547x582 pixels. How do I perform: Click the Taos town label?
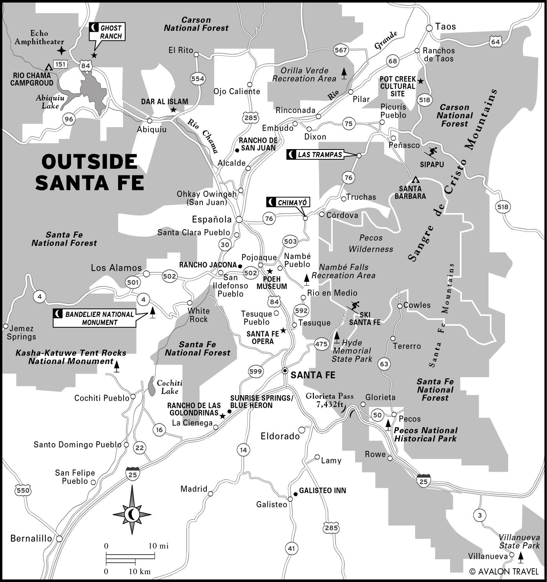click(x=445, y=27)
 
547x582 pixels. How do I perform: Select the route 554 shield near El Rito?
click(x=197, y=79)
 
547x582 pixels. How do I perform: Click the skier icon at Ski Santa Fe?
click(x=354, y=306)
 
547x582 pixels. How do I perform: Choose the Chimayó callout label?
click(x=288, y=203)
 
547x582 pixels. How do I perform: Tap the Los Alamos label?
click(x=116, y=268)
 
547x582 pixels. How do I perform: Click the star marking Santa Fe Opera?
click(x=283, y=331)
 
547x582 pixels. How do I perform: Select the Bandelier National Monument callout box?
click(x=95, y=318)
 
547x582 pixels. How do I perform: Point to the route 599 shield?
click(x=255, y=372)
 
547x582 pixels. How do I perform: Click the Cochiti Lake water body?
click(x=151, y=386)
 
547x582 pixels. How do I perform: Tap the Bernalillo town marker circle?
click(x=59, y=539)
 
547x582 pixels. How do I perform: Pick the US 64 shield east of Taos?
click(x=495, y=42)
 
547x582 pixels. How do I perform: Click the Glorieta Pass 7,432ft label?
click(x=330, y=400)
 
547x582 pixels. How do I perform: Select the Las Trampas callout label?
click(x=315, y=155)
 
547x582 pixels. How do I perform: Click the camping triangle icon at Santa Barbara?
click(x=416, y=180)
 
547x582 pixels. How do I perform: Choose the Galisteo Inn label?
click(x=322, y=491)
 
